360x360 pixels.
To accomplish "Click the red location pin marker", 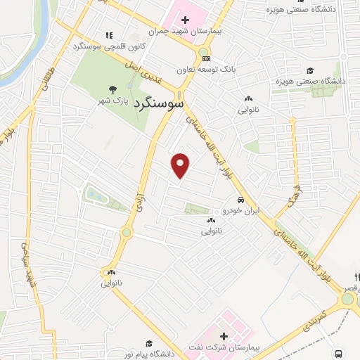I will (181, 165).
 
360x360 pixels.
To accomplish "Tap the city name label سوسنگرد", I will (160, 103).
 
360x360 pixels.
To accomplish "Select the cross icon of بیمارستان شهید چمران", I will (185, 19).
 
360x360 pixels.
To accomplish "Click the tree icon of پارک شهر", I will (112, 89).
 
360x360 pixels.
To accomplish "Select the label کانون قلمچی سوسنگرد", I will (109, 46).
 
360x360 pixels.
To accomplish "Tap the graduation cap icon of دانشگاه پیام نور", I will (148, 342).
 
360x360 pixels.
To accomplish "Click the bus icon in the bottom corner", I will (340, 354).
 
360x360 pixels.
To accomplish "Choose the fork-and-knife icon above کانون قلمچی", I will (108, 35).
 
